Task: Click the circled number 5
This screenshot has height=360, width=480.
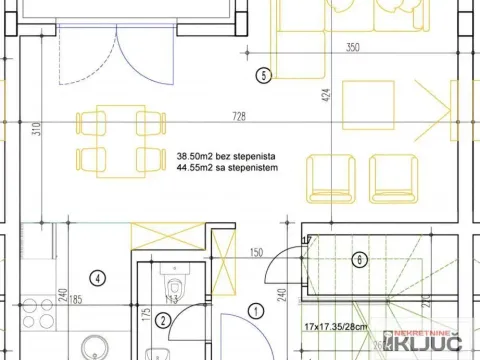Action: [263, 74]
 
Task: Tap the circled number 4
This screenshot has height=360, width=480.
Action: [97, 277]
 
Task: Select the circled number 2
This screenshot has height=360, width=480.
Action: [163, 321]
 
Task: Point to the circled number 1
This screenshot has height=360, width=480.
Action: [256, 311]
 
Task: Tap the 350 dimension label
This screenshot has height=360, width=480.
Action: [352, 47]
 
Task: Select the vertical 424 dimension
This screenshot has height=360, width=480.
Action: [324, 96]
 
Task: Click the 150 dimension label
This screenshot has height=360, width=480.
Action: [256, 252]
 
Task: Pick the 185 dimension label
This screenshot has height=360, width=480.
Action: [47, 299]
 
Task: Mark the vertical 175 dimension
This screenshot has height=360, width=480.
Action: [145, 319]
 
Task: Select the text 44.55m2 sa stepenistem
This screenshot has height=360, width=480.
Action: [227, 169]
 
